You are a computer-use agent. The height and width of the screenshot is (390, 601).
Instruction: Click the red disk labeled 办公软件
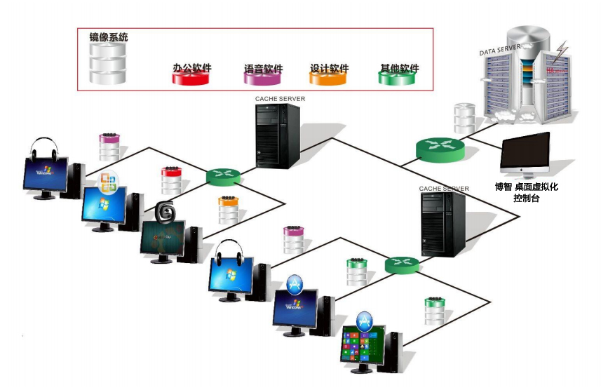click(x=191, y=77)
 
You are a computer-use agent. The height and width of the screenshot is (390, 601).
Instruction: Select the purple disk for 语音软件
click(x=263, y=77)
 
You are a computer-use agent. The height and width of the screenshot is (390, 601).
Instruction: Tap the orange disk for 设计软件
click(x=329, y=77)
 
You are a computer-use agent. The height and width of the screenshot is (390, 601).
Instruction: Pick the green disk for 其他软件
click(x=398, y=77)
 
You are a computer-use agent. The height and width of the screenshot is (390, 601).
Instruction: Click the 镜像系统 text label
click(x=108, y=36)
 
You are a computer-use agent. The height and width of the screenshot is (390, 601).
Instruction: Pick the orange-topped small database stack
click(x=229, y=210)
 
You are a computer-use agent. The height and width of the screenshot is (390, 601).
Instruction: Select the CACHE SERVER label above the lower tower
click(x=444, y=189)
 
